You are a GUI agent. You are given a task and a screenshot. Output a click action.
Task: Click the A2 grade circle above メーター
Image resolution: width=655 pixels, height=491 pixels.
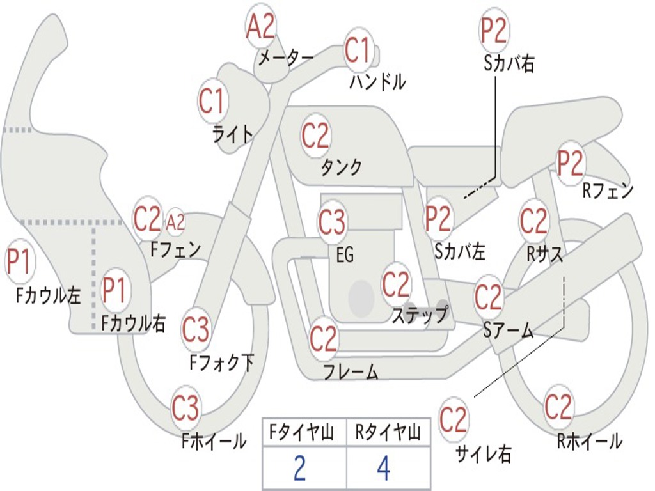tap(260, 26)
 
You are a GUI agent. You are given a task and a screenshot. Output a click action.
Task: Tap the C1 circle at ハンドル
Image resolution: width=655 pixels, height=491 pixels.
tap(358, 50)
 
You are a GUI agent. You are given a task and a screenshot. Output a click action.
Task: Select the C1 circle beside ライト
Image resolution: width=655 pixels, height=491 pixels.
tap(213, 101)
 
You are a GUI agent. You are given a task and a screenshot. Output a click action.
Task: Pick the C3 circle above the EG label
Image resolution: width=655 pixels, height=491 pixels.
tap(332, 222)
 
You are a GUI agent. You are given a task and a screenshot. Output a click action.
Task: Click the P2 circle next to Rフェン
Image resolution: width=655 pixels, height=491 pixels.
tap(571, 163)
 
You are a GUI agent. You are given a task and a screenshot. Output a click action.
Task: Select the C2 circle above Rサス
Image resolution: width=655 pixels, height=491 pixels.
tap(533, 221)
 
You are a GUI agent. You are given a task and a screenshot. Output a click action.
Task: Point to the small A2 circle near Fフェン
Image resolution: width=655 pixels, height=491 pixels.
tap(175, 222)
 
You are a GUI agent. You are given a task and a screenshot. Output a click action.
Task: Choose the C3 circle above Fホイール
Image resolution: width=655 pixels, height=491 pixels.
tap(186, 409)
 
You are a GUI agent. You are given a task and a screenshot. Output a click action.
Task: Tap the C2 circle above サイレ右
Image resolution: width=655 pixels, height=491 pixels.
tap(454, 420)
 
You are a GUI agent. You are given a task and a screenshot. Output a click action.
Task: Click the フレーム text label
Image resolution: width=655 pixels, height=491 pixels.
tap(351, 371)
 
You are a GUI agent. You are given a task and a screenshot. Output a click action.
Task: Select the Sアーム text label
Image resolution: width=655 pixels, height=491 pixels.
tap(509, 331)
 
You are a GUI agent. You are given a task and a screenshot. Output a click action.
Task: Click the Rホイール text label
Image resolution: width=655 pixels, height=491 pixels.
tap(589, 441)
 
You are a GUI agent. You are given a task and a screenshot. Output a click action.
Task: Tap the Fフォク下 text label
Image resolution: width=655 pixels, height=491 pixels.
tap(222, 363)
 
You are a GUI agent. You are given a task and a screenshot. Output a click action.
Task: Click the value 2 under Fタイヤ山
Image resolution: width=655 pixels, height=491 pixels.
tap(299, 469)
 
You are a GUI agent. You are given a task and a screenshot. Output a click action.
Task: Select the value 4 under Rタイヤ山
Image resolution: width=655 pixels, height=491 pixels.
tap(383, 469)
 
